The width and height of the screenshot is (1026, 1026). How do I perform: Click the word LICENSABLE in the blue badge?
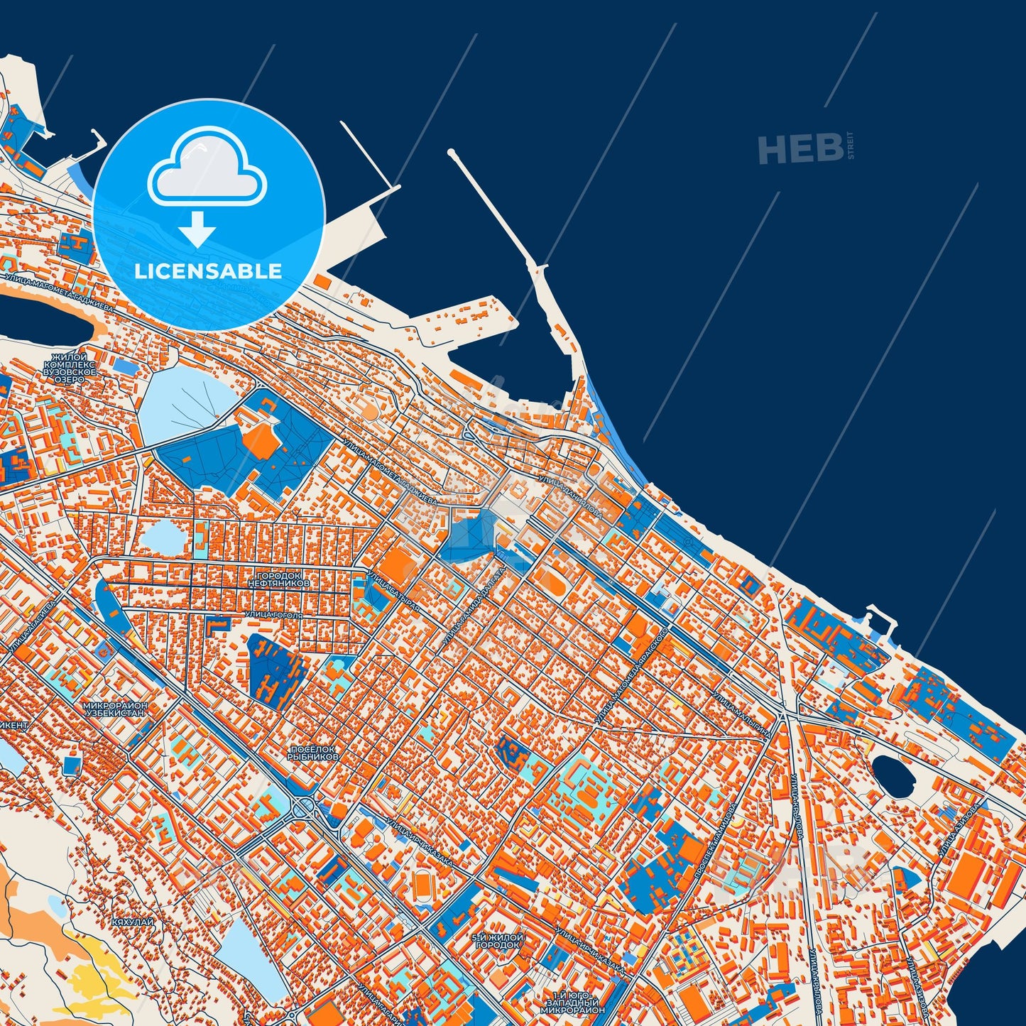point(208,271)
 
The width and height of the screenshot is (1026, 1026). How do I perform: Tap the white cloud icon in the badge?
point(207,169)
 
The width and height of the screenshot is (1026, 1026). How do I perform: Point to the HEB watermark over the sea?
point(801,149)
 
